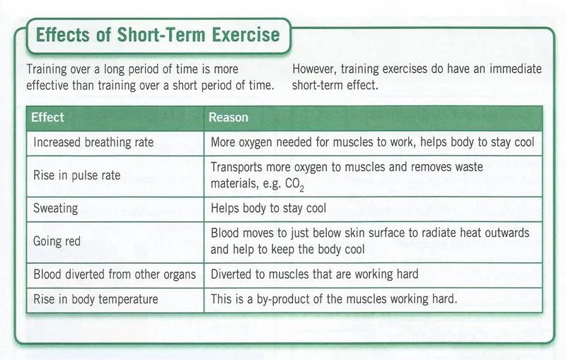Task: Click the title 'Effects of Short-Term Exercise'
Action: tap(158, 35)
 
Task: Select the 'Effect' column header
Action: tap(47, 117)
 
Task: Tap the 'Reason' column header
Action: tap(229, 117)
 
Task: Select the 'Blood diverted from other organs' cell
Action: tap(115, 274)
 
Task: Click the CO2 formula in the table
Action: tap(294, 185)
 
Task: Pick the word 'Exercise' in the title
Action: tap(246, 35)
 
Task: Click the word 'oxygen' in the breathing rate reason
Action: tap(255, 142)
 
